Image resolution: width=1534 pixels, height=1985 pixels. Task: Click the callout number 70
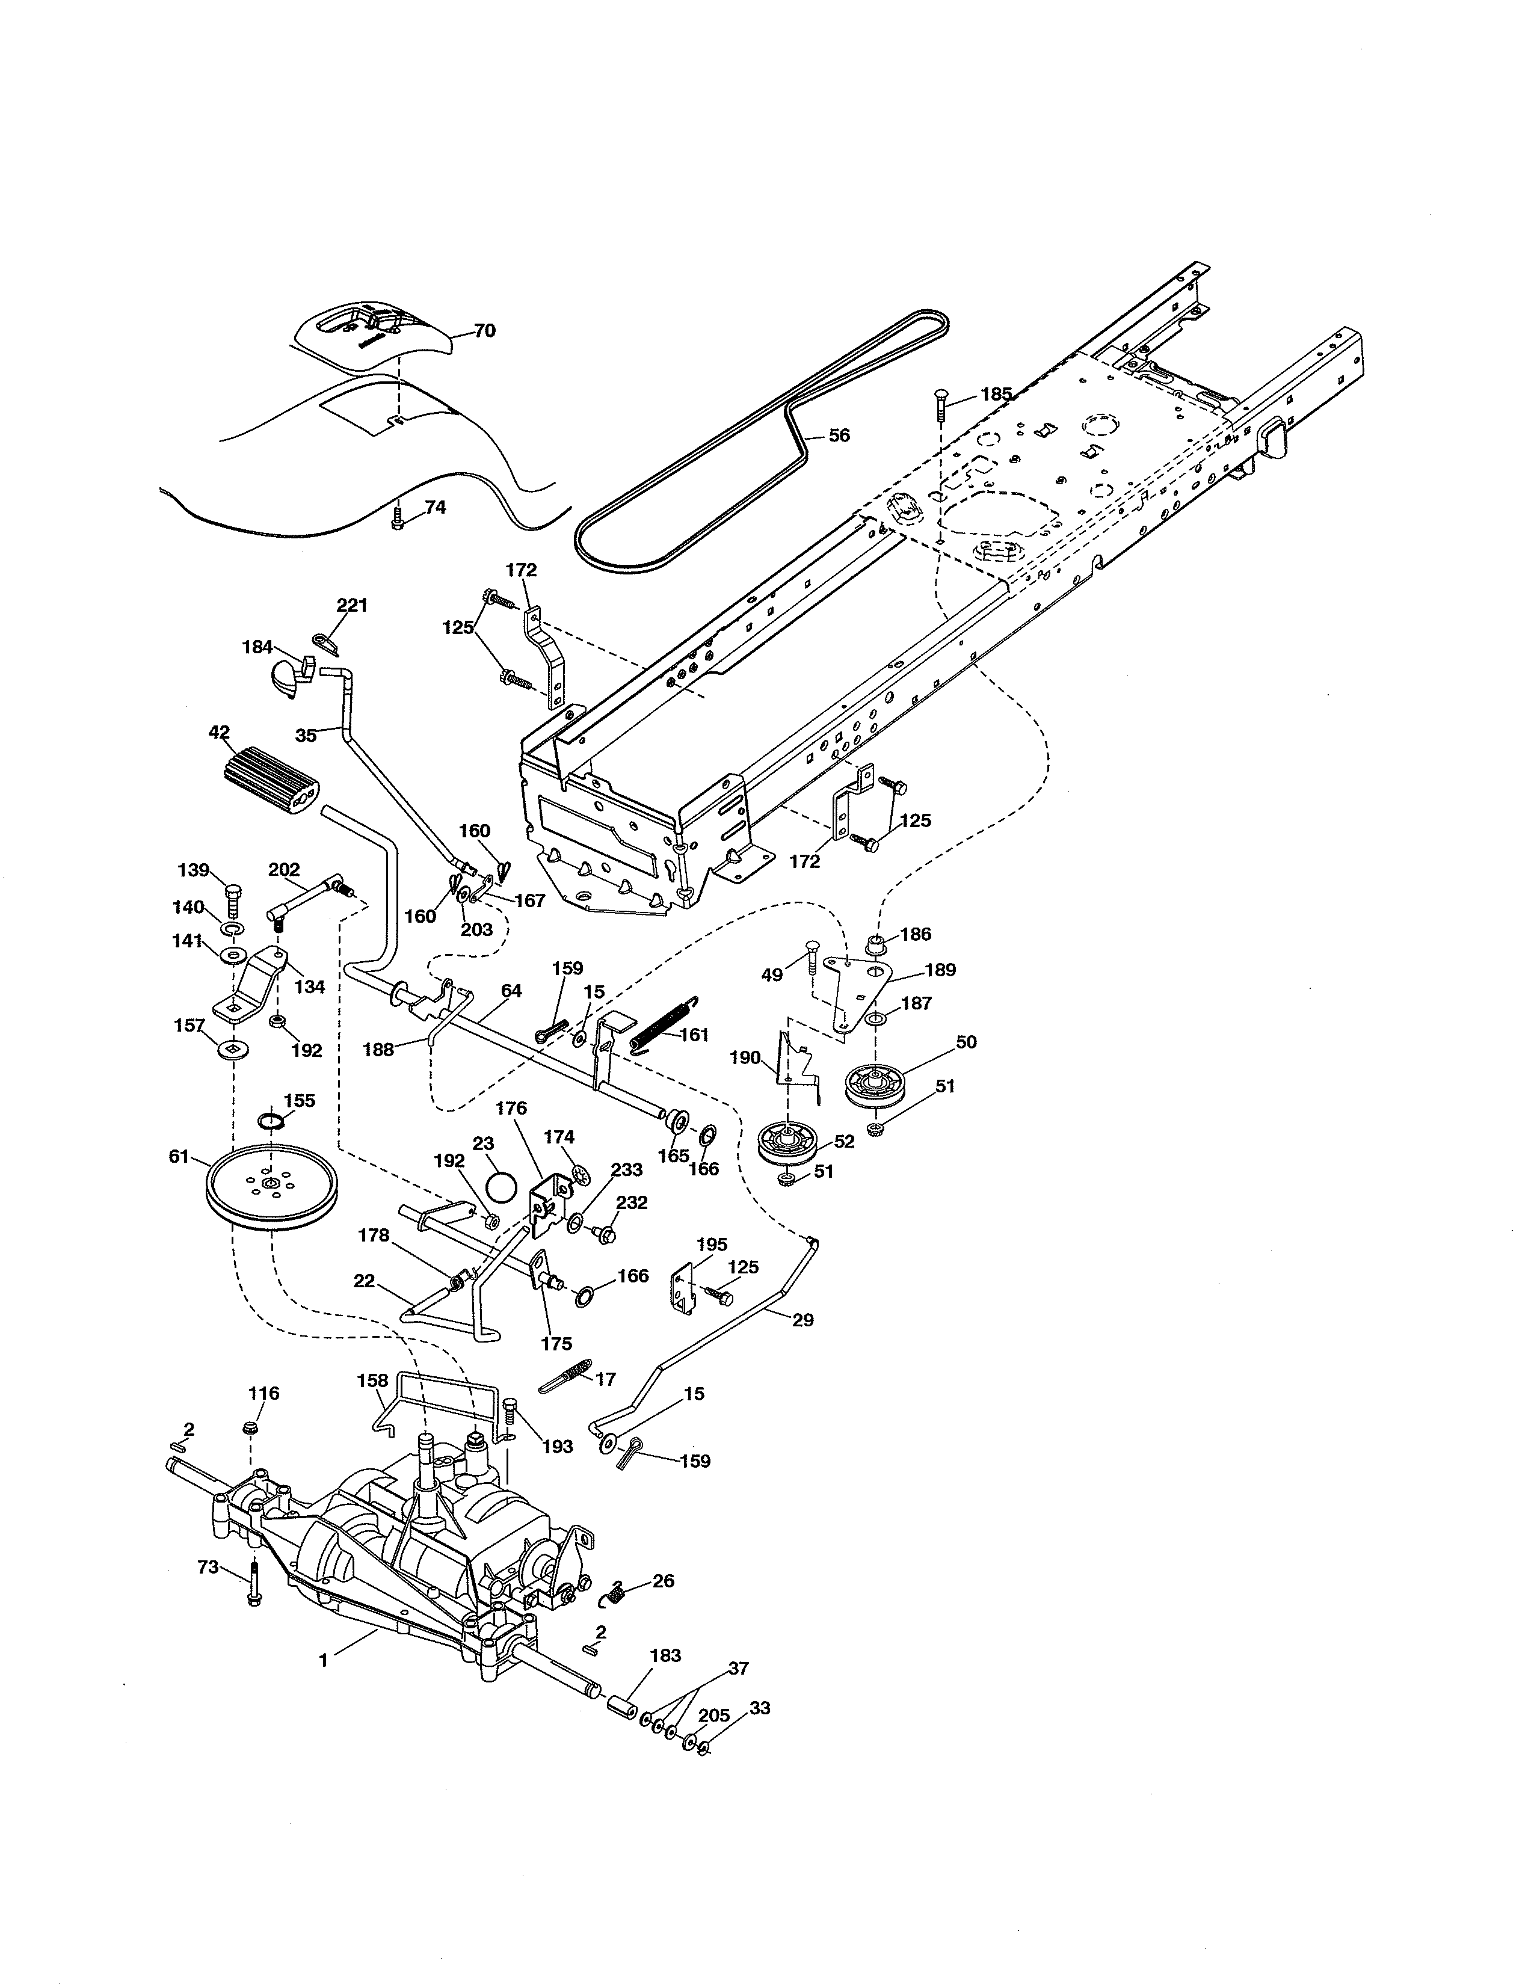[x=484, y=331]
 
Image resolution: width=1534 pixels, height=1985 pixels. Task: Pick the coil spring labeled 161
[x=665, y=1024]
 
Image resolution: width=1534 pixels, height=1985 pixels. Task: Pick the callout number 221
[x=352, y=605]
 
